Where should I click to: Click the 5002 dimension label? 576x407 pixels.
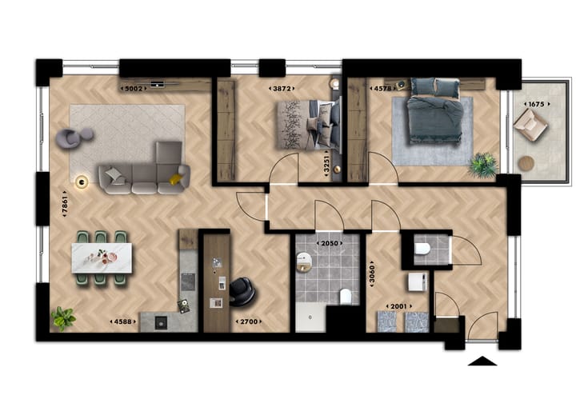(133, 88)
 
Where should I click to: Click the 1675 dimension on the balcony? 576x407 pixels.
(534, 104)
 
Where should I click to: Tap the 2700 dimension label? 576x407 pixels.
(246, 321)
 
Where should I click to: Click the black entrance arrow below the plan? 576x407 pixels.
(482, 361)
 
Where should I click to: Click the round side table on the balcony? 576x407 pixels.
(526, 163)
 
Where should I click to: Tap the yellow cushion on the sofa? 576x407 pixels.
(174, 179)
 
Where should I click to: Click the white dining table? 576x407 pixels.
(102, 257)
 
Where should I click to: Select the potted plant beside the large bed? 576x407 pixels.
(482, 165)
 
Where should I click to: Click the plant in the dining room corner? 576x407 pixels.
(62, 318)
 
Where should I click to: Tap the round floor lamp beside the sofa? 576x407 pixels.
(81, 182)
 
